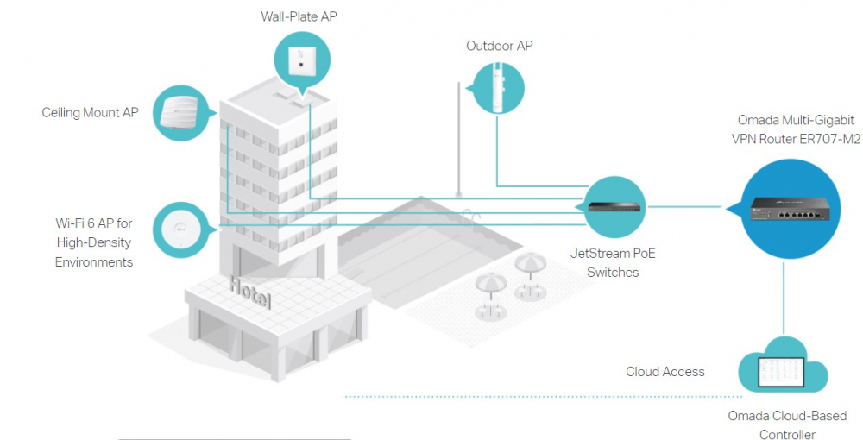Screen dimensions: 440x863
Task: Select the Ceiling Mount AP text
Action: tap(90, 113)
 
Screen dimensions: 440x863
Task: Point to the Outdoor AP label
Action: tap(500, 46)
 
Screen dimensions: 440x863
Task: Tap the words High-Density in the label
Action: tap(95, 242)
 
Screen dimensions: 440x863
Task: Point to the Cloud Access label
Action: tap(665, 372)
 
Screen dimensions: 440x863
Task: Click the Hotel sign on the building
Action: tap(250, 293)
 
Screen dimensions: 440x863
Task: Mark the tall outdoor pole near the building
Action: tap(459, 138)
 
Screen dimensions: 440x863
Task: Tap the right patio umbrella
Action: tap(530, 262)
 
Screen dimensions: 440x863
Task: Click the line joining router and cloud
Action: tap(783, 298)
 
